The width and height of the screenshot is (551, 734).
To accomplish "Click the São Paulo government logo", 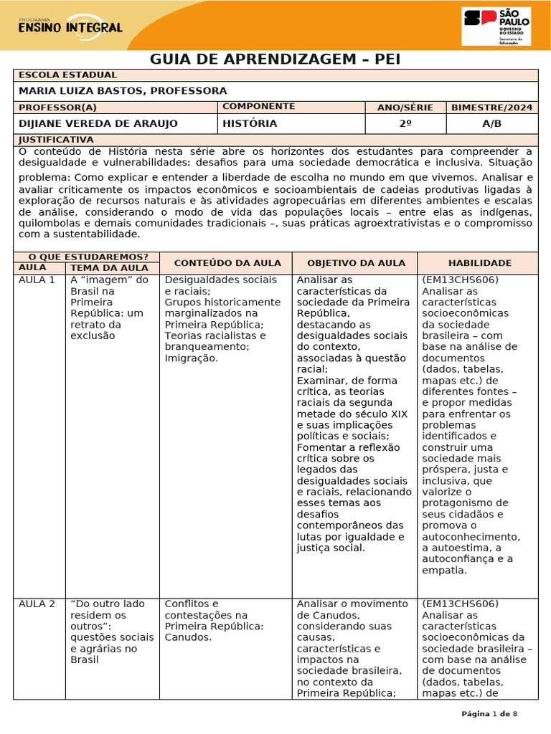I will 496,27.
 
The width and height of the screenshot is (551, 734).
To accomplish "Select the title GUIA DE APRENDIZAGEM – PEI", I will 275,59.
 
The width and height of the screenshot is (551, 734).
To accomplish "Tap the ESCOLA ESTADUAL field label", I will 67,75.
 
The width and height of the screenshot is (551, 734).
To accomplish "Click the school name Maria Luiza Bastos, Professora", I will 123,91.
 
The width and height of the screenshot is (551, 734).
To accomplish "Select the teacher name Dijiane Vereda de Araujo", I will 98,124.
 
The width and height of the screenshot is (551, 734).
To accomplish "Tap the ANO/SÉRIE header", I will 405,108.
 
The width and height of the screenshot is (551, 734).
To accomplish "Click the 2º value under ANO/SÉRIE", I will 405,124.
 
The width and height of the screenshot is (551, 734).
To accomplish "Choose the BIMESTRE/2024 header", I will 491,108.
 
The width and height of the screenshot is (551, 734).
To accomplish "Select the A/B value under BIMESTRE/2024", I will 491,124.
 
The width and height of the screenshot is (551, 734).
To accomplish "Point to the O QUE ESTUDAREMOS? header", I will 88,257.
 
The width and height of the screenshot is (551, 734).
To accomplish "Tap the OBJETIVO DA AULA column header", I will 356,263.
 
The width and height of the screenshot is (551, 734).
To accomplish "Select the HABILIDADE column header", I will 480,263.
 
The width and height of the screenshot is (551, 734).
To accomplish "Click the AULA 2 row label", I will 37,604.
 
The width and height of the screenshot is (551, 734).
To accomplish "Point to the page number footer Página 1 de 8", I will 488,714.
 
